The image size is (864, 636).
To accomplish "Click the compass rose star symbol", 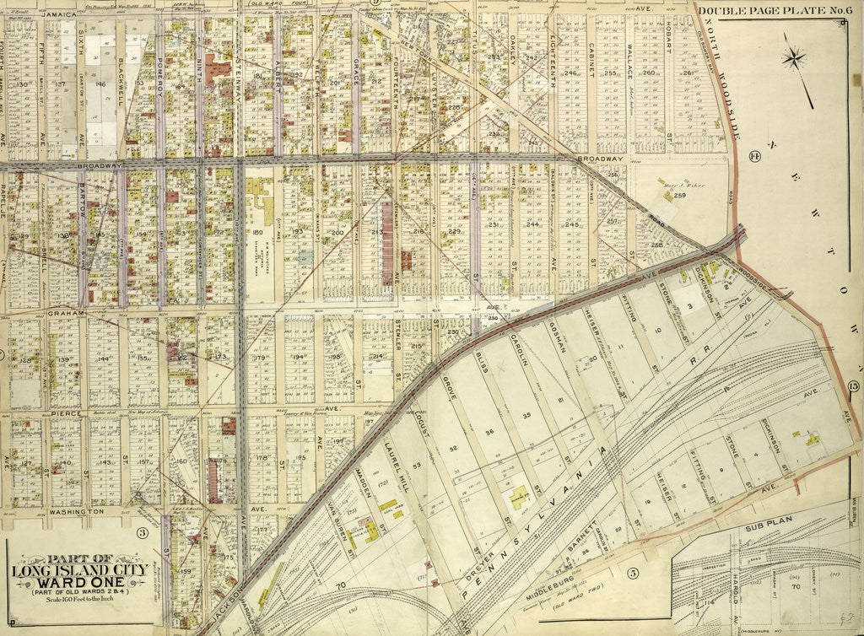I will [793, 58].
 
